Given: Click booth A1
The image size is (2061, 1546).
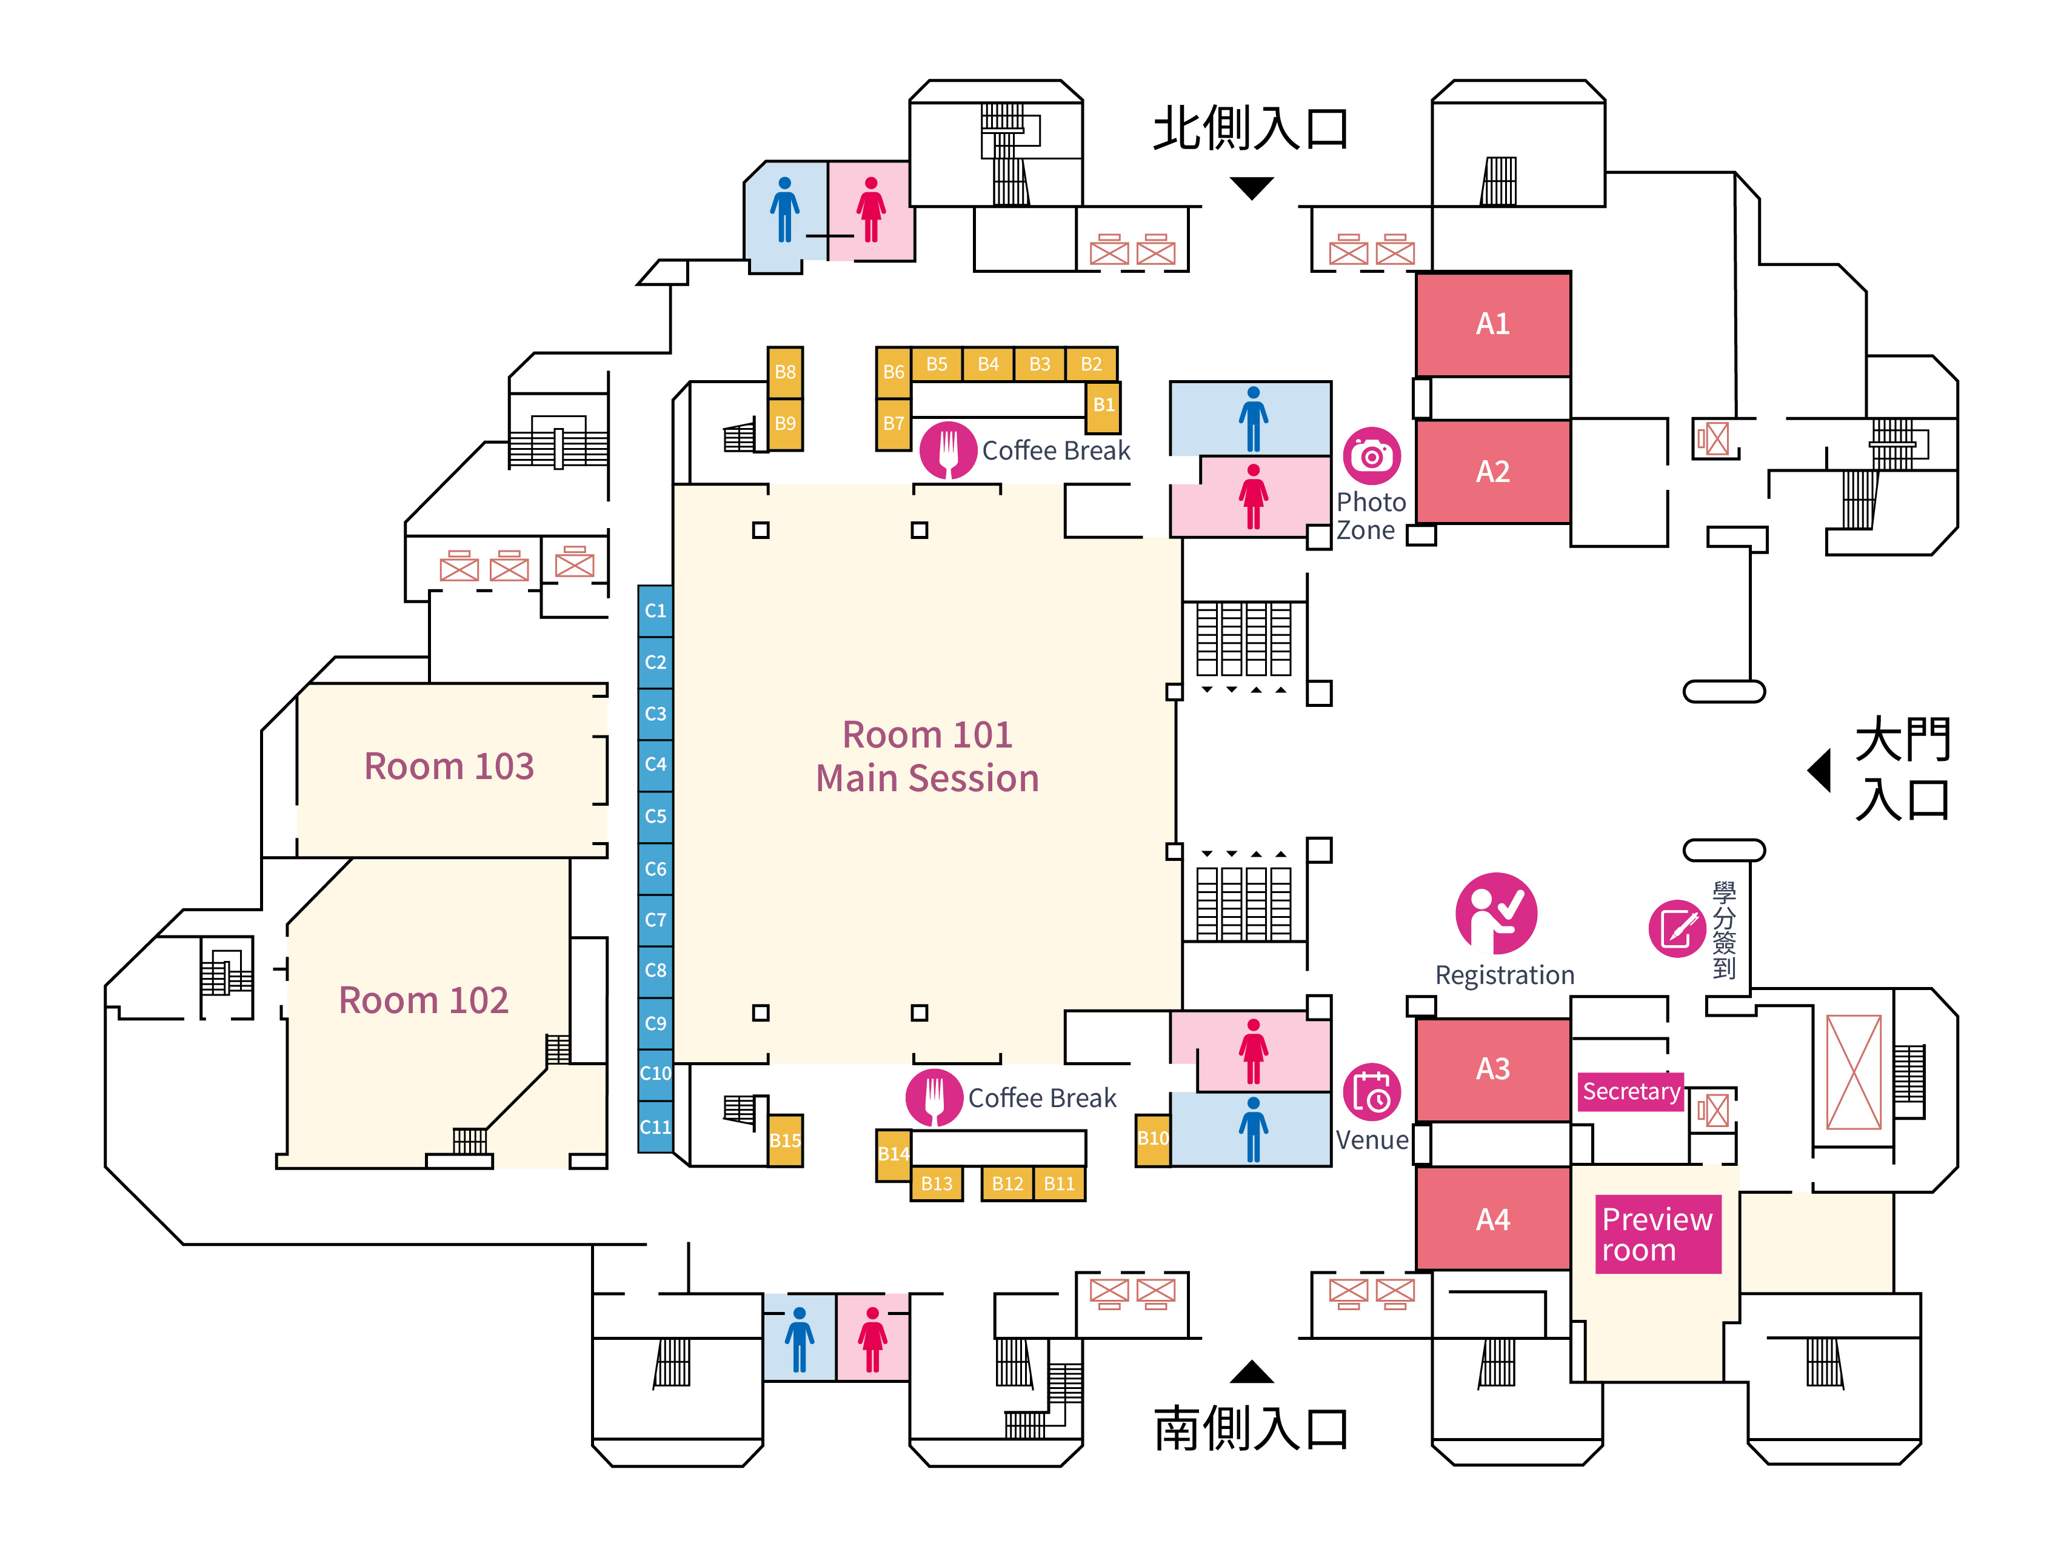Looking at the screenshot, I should click(x=1492, y=323).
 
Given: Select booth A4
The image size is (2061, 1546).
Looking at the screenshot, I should click(x=1492, y=1218).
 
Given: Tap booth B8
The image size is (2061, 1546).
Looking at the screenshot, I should click(x=784, y=372).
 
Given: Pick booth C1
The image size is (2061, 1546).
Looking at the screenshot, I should click(x=655, y=611).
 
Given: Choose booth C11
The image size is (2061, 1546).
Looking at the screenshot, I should click(x=655, y=1126).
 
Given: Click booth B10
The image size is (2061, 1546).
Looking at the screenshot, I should click(x=1152, y=1139).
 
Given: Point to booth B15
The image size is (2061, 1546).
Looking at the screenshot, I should click(x=784, y=1140).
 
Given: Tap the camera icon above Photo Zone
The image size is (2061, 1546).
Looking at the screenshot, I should click(x=1372, y=456).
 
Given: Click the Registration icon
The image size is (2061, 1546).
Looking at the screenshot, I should click(x=1495, y=913).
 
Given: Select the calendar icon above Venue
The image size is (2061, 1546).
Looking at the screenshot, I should click(x=1372, y=1092).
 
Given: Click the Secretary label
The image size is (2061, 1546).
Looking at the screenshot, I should click(x=1631, y=1091).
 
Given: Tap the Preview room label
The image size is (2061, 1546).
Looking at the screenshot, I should click(x=1657, y=1234).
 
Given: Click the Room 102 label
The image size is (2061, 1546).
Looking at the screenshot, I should click(x=423, y=1000).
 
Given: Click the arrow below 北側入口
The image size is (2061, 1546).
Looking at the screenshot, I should click(x=1251, y=187).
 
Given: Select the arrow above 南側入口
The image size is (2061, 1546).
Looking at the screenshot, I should click(x=1251, y=1372).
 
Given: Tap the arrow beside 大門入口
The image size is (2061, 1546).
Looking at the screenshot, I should click(x=1820, y=771).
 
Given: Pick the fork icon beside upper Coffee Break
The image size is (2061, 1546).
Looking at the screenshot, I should click(x=947, y=450).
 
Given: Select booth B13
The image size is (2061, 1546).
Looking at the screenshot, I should click(x=937, y=1183).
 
